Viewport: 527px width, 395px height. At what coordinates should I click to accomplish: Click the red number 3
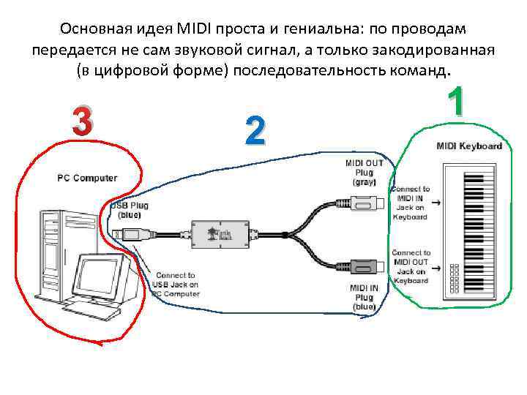82,121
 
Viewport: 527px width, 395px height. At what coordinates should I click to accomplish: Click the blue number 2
254,131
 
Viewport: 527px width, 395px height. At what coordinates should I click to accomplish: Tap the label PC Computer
86,178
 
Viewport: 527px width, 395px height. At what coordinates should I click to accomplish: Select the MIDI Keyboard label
469,146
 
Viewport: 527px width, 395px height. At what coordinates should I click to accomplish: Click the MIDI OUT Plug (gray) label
364,173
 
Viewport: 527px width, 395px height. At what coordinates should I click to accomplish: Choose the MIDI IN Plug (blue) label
364,298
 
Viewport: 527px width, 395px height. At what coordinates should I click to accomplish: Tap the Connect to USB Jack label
175,284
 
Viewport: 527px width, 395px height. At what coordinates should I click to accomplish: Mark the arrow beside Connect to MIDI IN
435,202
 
